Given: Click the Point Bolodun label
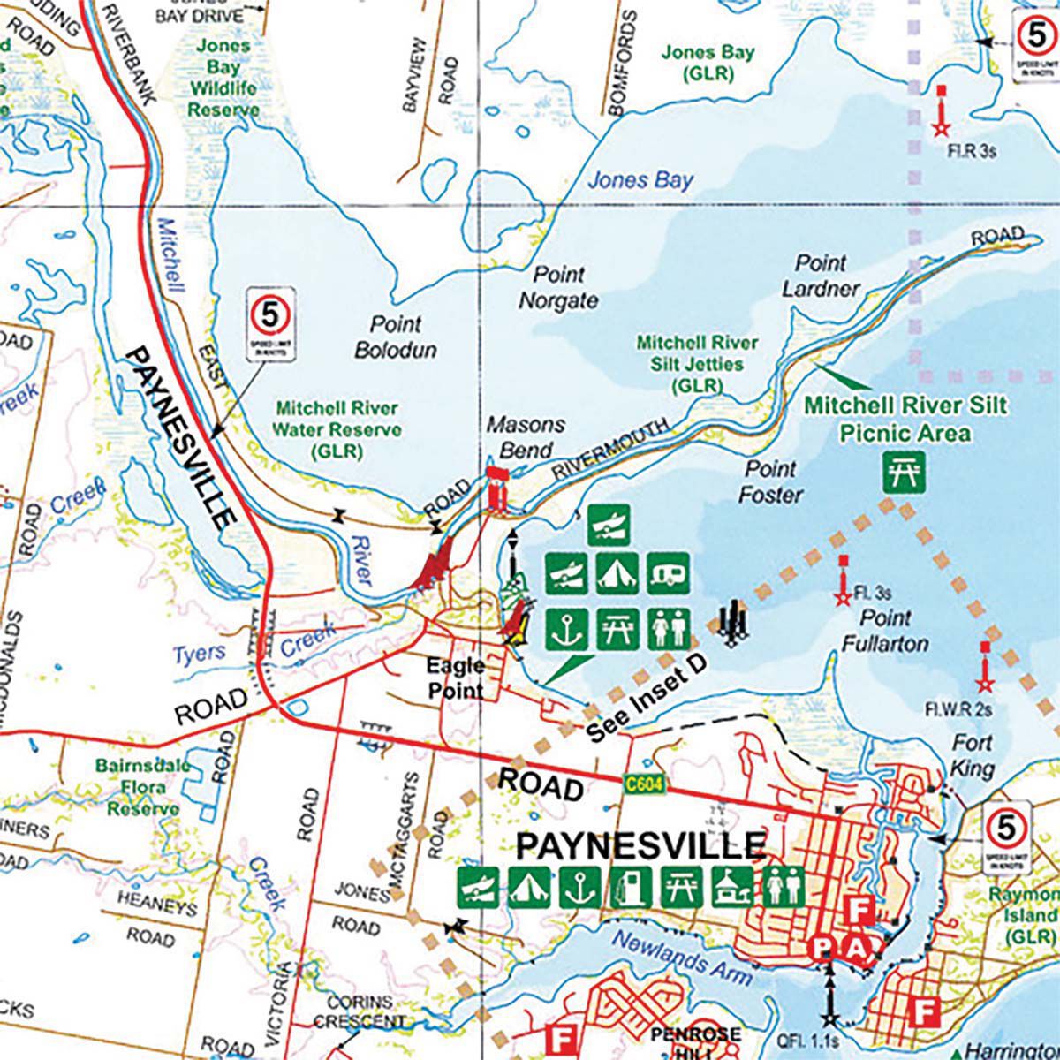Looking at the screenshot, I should [x=395, y=337].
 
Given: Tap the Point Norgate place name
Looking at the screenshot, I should [x=558, y=288].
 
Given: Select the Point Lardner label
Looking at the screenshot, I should [x=821, y=276].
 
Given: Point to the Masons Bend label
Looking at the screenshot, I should [x=526, y=437].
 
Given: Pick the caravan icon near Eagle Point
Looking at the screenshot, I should [x=669, y=575].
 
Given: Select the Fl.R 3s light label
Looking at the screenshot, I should [x=972, y=151].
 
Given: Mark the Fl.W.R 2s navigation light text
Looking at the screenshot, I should [x=958, y=709].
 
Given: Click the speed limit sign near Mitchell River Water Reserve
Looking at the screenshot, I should [x=272, y=328].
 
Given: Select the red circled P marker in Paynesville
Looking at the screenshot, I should [x=823, y=948].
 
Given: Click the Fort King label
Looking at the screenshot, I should [x=972, y=755].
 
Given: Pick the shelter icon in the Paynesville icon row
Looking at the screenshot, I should [x=731, y=886].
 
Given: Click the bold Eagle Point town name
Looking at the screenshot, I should [x=456, y=678].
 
